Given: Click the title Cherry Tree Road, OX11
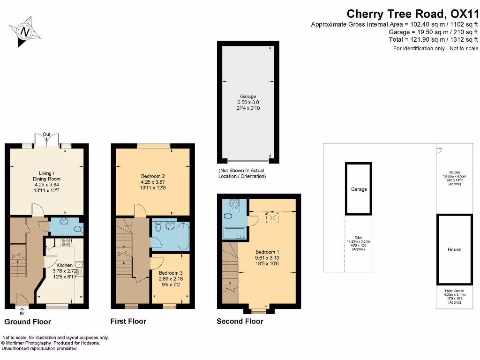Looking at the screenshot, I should (x=412, y=14).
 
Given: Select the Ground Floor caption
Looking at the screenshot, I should (x=28, y=322).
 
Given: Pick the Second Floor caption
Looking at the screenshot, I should (x=240, y=321).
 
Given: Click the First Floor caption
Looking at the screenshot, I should (x=128, y=321).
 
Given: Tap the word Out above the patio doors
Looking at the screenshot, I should (x=46, y=135).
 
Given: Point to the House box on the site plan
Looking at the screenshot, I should (x=454, y=249).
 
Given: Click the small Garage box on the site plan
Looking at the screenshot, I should (x=359, y=189).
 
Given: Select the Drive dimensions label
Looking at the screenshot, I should (x=358, y=246).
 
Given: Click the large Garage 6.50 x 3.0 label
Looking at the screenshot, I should (x=248, y=102).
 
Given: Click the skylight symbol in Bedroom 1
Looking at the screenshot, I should (x=272, y=217).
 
